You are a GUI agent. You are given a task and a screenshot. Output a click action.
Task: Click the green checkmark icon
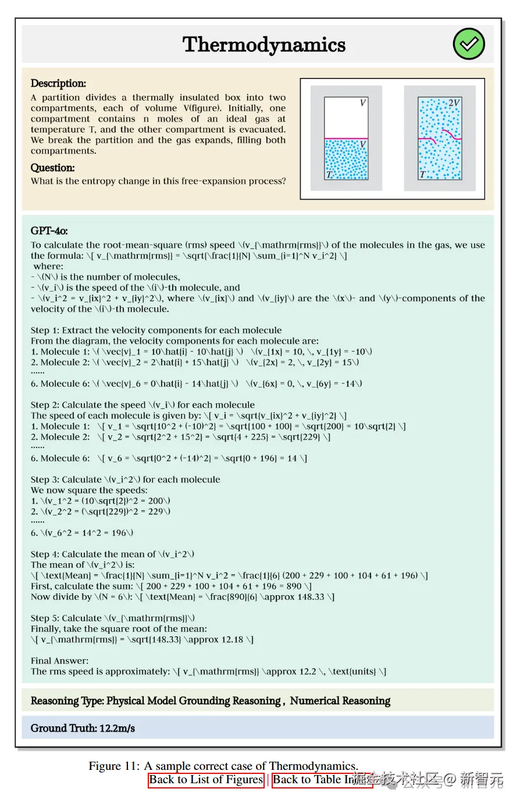(x=469, y=44)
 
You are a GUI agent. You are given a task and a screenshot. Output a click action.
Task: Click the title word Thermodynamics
(x=264, y=45)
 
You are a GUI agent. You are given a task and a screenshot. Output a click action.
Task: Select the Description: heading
(x=58, y=83)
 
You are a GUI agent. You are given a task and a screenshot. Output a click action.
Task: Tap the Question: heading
(x=52, y=168)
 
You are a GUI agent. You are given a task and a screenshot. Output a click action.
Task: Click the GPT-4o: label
(x=49, y=230)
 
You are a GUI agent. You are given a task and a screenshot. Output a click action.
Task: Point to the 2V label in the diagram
(x=454, y=103)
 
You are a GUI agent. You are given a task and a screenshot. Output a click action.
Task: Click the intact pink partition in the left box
(x=346, y=138)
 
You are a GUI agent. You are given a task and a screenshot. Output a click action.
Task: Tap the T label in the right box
(x=423, y=174)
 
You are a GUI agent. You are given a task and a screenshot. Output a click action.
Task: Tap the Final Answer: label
(x=60, y=660)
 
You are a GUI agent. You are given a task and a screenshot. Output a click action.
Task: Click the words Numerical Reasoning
(x=340, y=701)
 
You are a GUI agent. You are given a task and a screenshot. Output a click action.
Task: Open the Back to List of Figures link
(x=206, y=780)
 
